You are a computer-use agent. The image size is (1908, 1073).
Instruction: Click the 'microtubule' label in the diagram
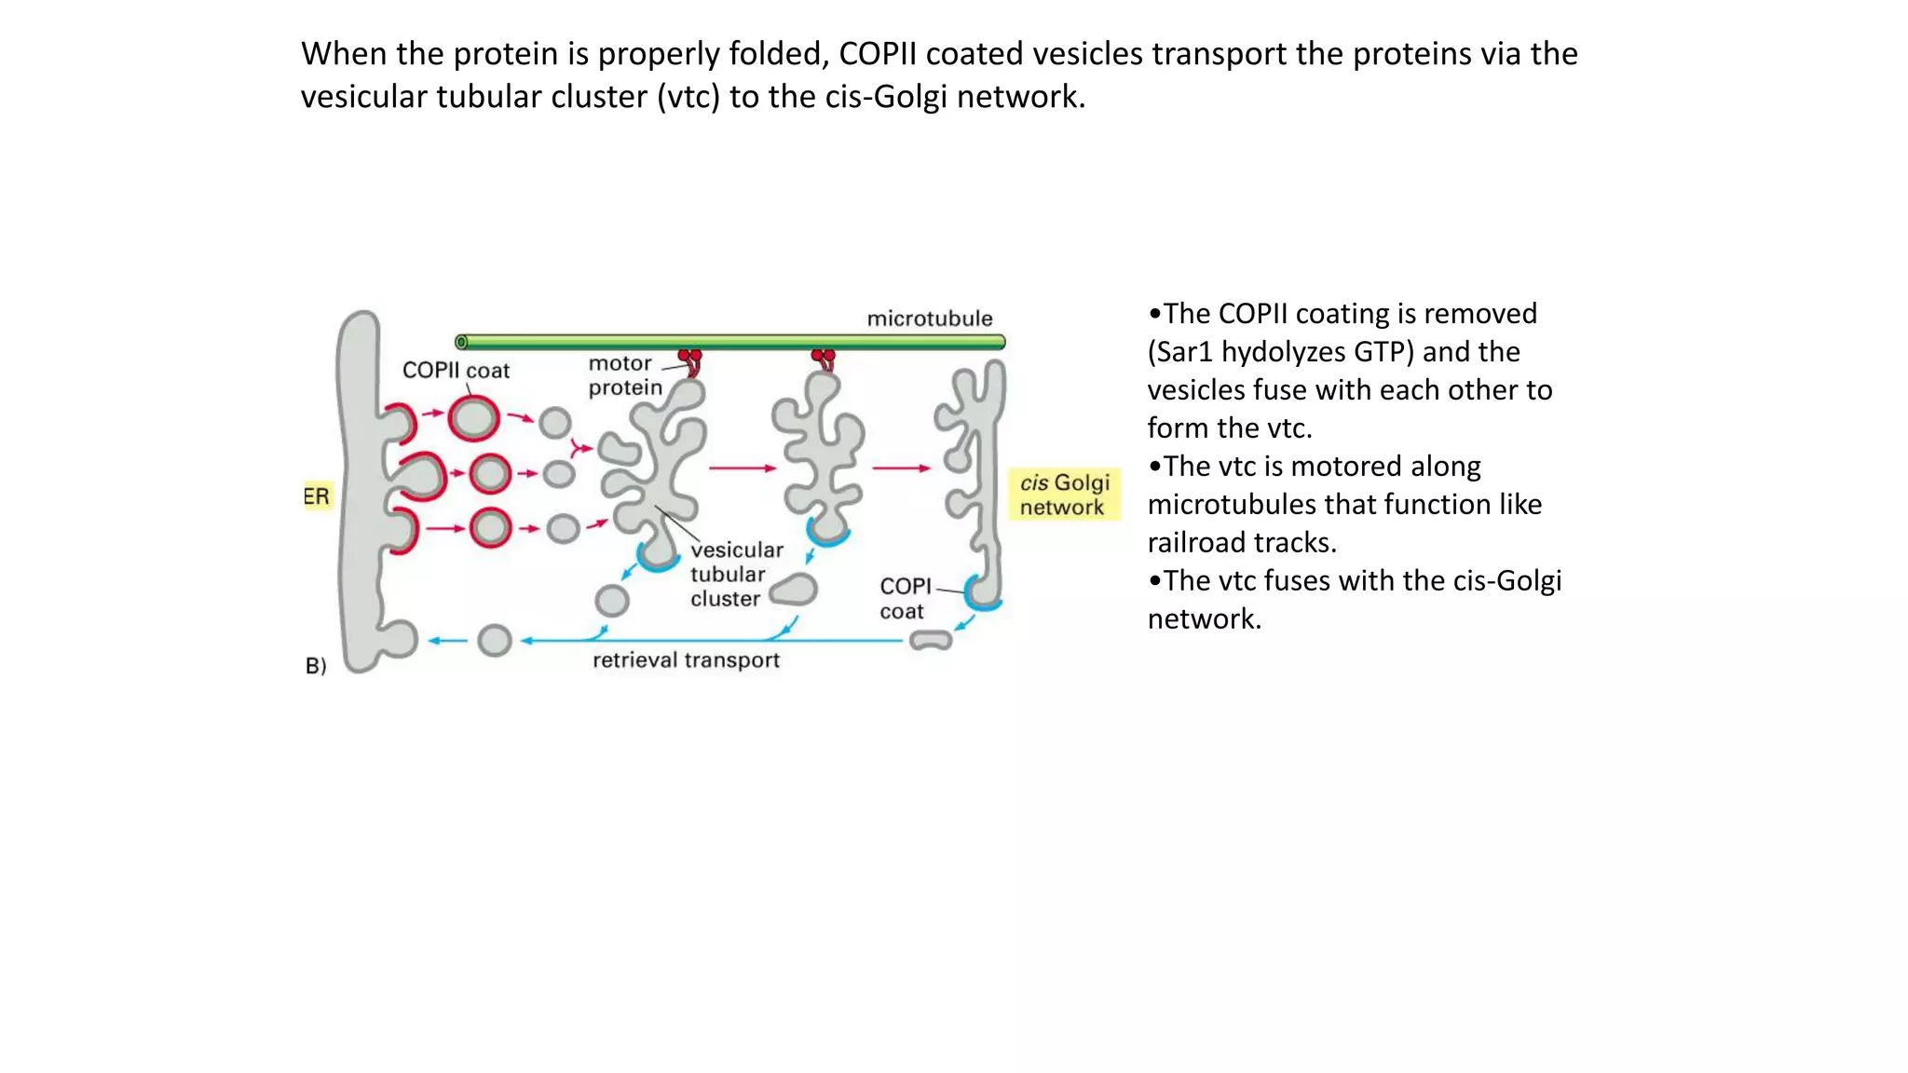click(929, 319)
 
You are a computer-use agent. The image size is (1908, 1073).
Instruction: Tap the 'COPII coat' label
click(456, 371)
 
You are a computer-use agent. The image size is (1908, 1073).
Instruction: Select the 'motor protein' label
click(624, 375)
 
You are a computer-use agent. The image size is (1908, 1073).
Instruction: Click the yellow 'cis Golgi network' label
click(1064, 495)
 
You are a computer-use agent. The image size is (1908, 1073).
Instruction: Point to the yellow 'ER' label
click(317, 496)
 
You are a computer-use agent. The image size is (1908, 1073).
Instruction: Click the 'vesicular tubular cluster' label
click(736, 575)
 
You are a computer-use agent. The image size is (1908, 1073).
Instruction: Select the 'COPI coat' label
click(904, 598)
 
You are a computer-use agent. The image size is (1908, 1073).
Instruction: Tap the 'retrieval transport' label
click(686, 660)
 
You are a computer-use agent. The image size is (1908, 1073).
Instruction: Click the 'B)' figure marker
click(316, 666)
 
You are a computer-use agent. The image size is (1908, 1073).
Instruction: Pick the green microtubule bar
click(730, 342)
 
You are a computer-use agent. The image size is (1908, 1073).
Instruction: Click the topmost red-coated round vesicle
click(473, 418)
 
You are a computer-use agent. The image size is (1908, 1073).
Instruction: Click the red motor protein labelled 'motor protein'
click(691, 360)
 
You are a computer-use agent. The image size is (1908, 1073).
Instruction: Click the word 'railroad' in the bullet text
click(1198, 542)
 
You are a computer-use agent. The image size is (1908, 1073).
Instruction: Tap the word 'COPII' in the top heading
click(878, 54)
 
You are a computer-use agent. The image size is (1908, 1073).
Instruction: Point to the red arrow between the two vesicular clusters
click(743, 468)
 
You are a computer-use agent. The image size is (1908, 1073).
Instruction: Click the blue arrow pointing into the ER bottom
click(448, 641)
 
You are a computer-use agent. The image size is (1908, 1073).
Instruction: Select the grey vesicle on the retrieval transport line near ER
click(495, 641)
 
